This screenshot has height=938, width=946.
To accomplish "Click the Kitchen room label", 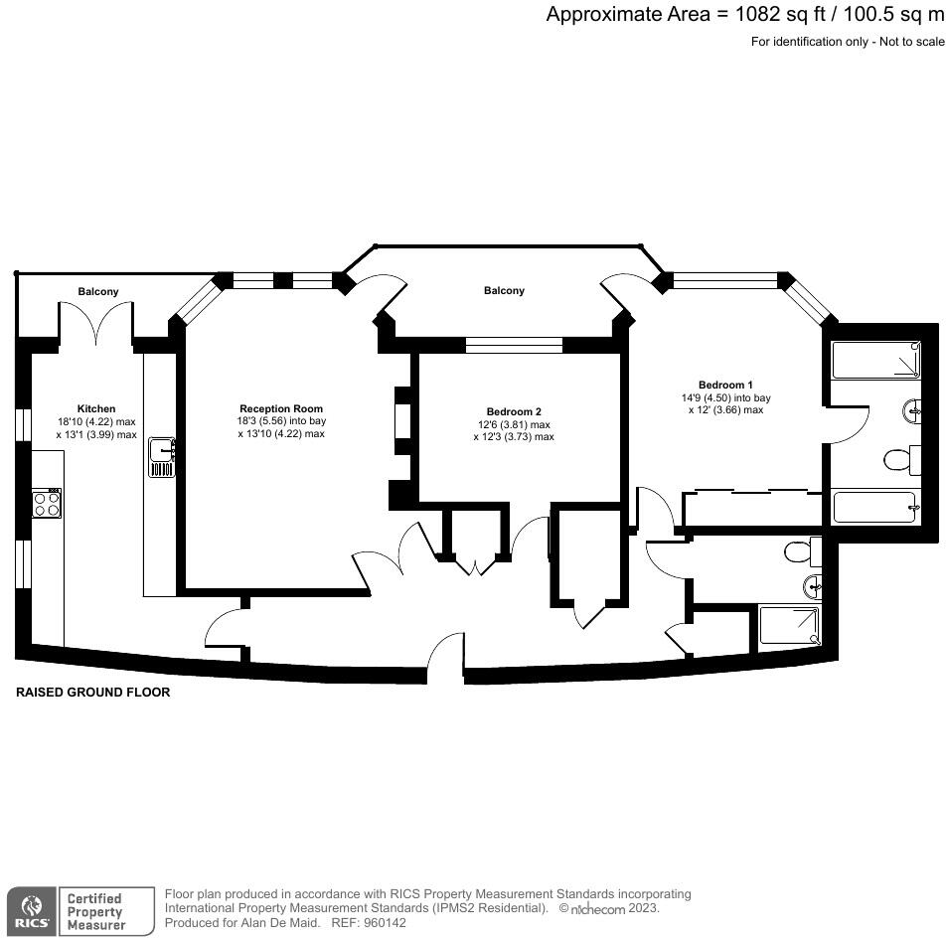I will [96, 408].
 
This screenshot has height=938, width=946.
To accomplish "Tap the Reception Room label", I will [281, 408].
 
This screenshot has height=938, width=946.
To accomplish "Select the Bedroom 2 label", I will [514, 411].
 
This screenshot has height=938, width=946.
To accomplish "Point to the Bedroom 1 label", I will [725, 385].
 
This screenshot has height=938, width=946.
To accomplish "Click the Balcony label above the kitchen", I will [98, 291].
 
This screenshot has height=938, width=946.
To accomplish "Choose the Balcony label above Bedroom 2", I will [504, 290].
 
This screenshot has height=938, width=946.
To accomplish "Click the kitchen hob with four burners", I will [46, 503].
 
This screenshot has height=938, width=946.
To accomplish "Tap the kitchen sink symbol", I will [161, 456].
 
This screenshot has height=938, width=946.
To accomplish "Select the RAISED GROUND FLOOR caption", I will [93, 693].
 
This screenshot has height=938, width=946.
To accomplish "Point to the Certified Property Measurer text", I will [94, 911].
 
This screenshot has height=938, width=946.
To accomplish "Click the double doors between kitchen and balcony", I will [95, 321].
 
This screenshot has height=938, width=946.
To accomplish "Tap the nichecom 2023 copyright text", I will [608, 908].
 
